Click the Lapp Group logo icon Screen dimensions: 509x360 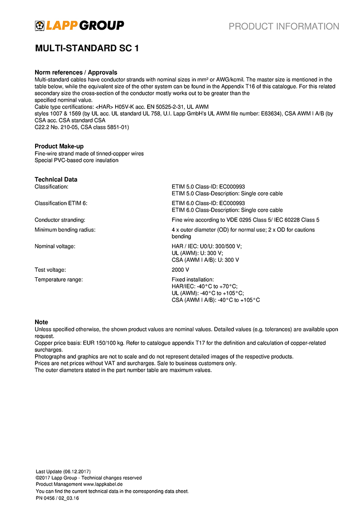coord(40,26)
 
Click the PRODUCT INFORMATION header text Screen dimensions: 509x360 coord(284,27)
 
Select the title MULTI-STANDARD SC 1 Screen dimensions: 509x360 coord(87,49)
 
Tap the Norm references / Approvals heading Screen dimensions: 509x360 coord(76,72)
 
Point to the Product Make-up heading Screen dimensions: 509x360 coord(59,146)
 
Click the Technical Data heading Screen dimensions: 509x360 coord(56,180)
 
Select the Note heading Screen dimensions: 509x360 coord(41,322)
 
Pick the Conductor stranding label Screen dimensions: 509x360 coord(60,220)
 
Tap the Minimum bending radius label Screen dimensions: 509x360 coord(65,230)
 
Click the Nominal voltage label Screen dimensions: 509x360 coord(55,247)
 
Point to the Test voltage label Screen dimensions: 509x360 coord(50,270)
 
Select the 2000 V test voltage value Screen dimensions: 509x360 coord(180,270)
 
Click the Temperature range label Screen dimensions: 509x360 coord(59,279)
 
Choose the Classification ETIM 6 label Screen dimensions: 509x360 coord(61,203)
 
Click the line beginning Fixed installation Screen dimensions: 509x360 coord(193,279)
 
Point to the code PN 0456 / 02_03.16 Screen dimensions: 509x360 coord(58,498)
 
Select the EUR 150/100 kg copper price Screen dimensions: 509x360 coord(93,343)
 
